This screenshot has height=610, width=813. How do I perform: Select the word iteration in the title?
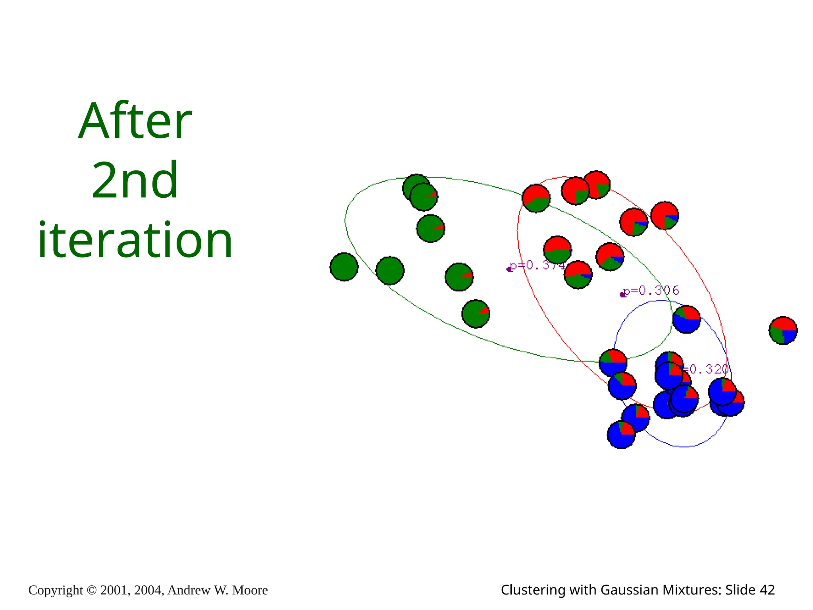click(x=135, y=240)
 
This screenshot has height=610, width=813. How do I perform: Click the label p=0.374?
click(x=537, y=265)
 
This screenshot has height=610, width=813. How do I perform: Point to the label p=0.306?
click(x=651, y=291)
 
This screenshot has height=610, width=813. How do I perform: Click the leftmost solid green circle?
click(x=344, y=267)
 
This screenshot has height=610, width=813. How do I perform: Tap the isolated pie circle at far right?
click(x=783, y=330)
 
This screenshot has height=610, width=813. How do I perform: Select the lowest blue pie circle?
click(x=621, y=434)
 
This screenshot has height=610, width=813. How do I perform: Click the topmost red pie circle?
click(x=596, y=185)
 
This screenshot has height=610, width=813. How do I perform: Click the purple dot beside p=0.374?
click(x=509, y=269)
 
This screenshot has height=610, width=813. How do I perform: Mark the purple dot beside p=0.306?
click(x=622, y=295)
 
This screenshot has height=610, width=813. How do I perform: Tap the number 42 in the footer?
click(x=767, y=590)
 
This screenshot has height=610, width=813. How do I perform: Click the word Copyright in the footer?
click(x=56, y=590)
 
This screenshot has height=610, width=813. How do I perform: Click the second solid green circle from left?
click(x=390, y=271)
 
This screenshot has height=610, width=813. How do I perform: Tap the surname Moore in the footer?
click(x=250, y=590)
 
